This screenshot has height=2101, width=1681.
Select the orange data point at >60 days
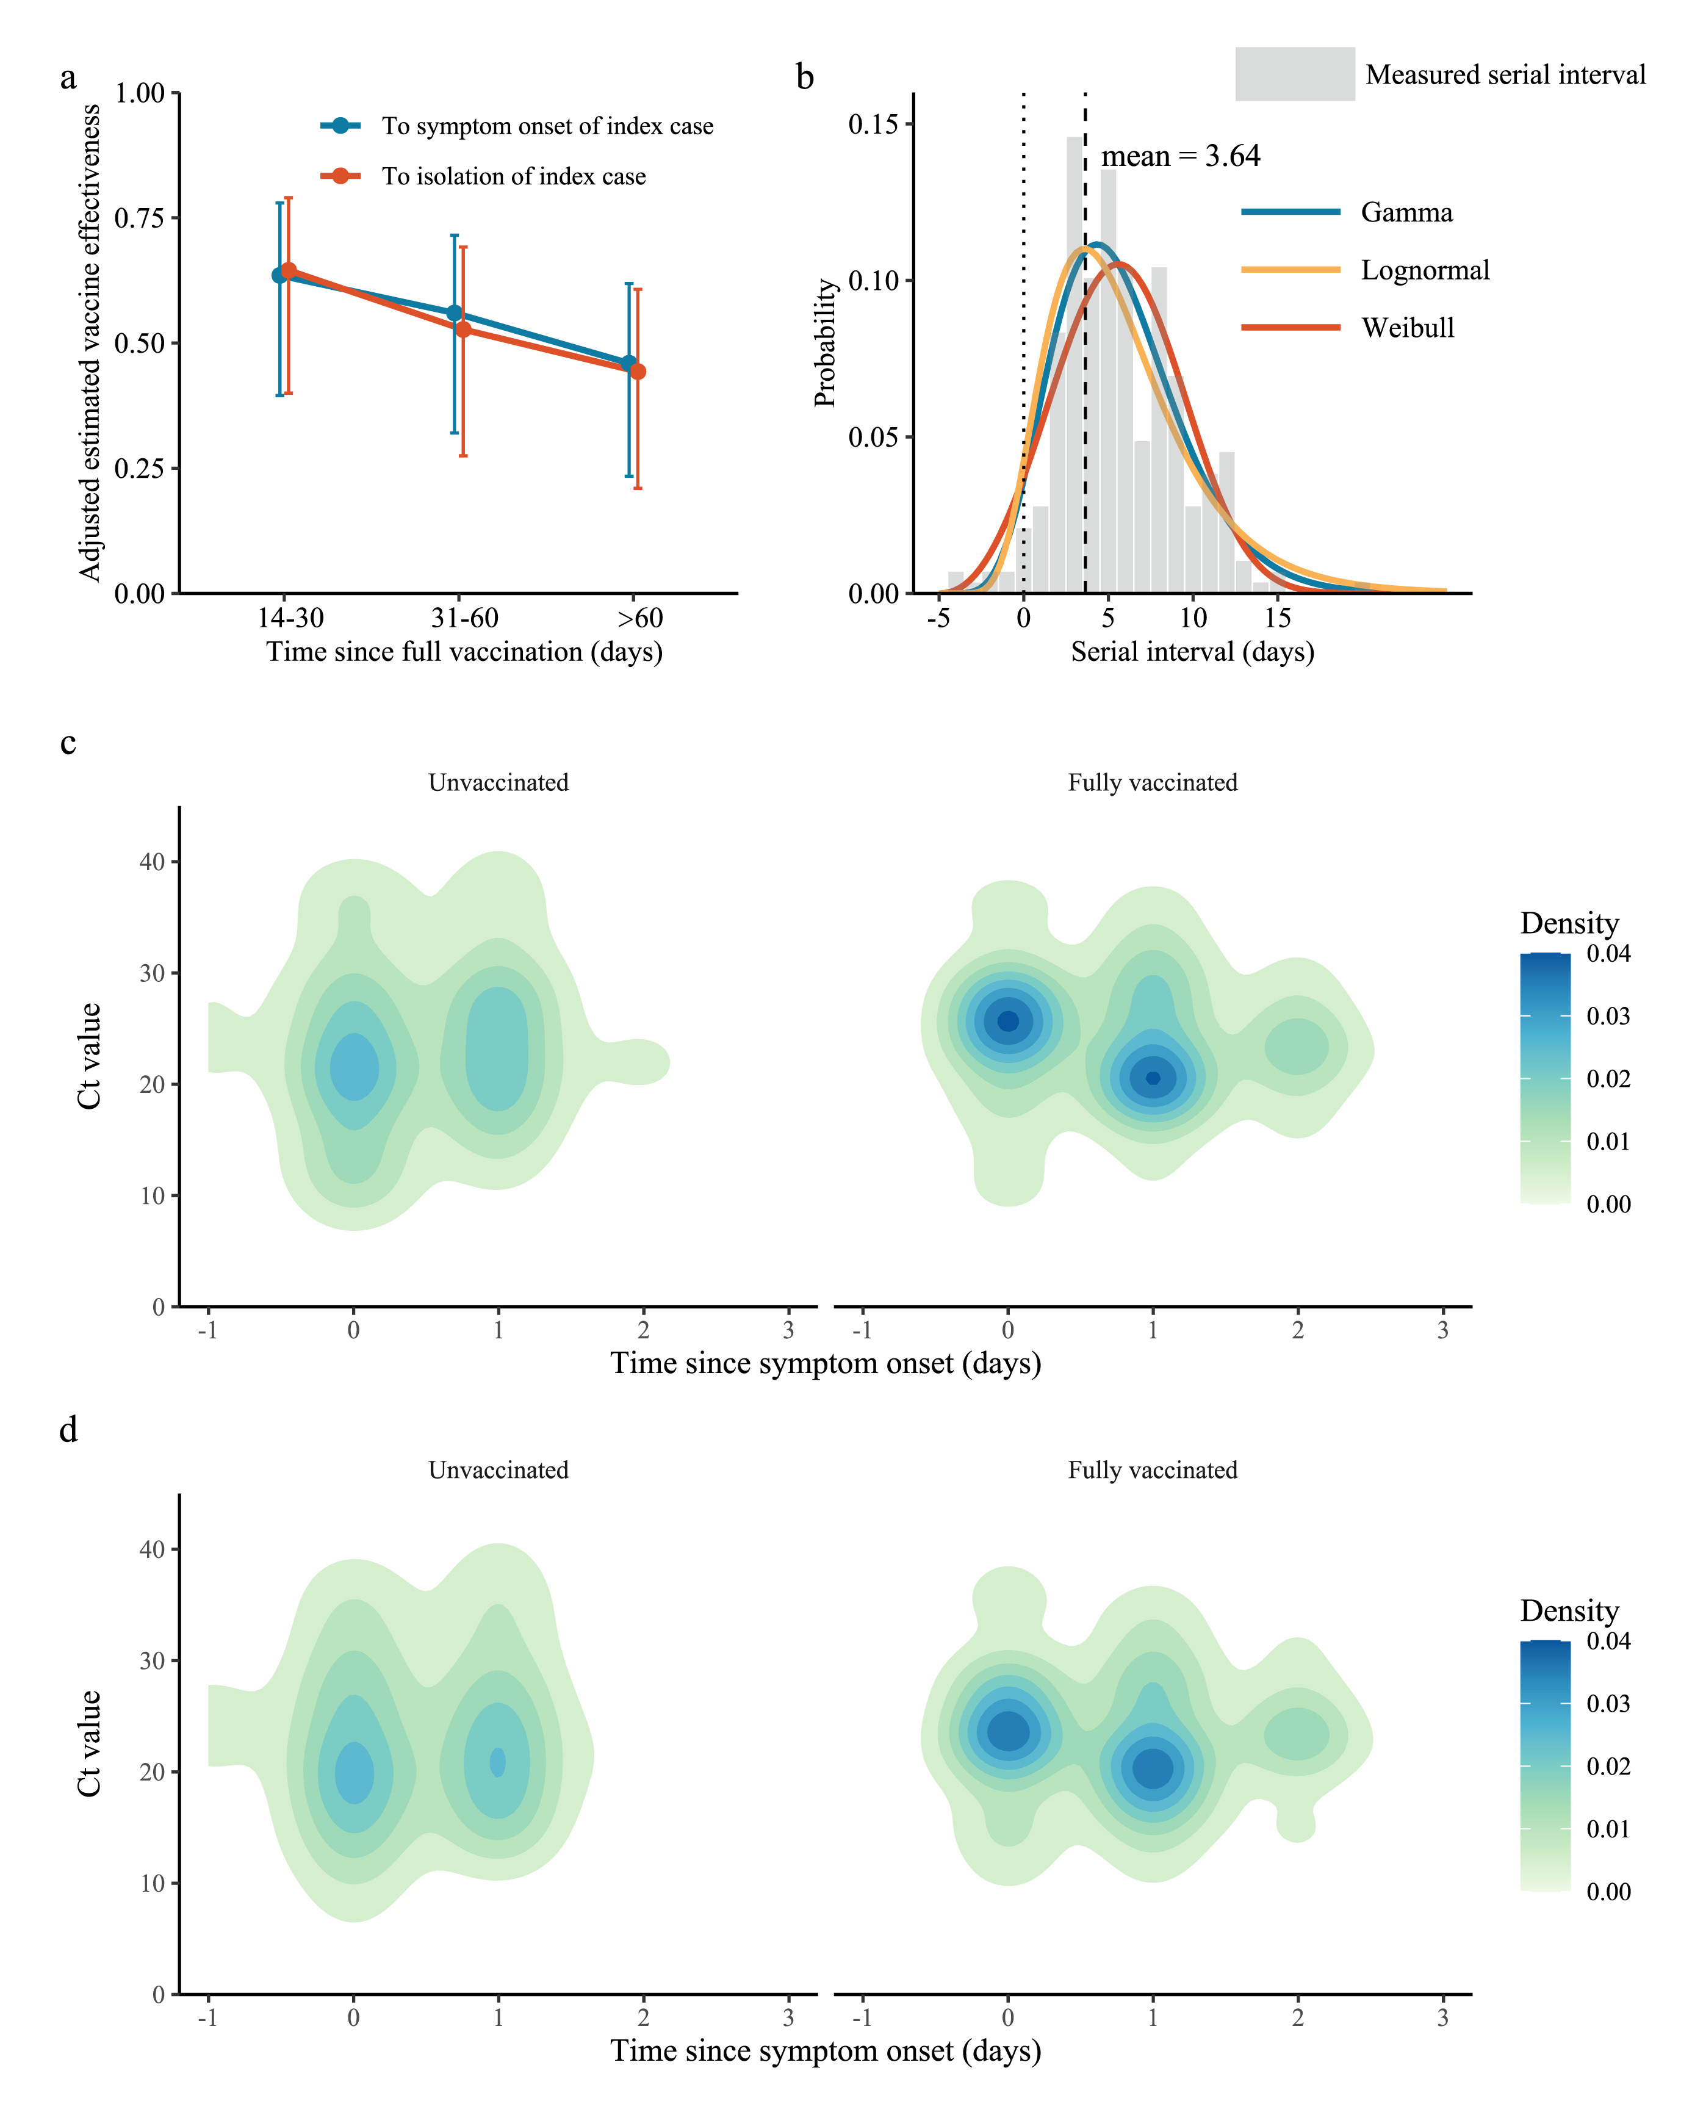[638, 371]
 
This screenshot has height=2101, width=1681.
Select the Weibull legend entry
[1406, 328]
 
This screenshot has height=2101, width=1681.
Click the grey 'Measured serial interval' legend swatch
[1294, 74]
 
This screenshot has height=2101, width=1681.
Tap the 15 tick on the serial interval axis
[1278, 618]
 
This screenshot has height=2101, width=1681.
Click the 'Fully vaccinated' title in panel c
[1152, 782]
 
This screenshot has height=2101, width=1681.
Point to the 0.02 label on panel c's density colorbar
[1608, 1079]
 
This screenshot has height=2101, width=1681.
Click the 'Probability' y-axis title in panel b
[826, 342]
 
